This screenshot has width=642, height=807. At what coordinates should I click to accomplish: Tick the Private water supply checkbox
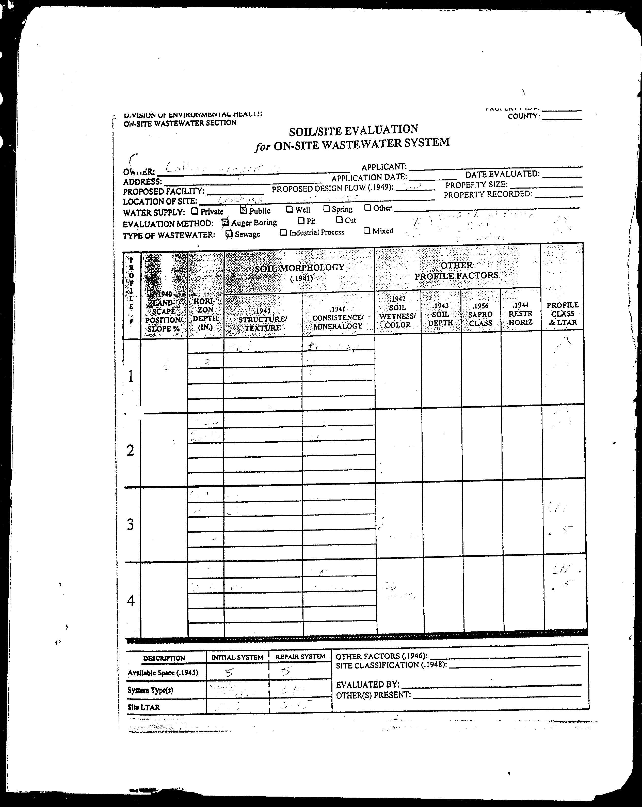(x=194, y=211)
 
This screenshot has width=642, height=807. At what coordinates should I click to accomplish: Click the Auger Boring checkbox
(x=224, y=222)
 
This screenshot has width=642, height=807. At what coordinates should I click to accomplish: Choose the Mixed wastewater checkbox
(x=367, y=230)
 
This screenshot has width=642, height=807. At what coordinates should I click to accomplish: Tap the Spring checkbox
(x=326, y=209)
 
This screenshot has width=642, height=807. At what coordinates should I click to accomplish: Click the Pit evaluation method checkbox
(x=301, y=221)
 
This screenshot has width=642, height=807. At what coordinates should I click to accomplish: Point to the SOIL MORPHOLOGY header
(x=299, y=267)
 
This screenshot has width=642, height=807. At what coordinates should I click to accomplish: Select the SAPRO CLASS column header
(x=480, y=314)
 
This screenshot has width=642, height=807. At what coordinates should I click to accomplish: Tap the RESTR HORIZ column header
(x=520, y=314)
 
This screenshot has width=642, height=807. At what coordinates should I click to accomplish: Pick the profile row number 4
(x=131, y=601)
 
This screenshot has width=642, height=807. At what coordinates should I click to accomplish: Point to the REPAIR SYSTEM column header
(x=300, y=656)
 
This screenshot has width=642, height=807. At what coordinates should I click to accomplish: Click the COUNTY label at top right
(x=523, y=116)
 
